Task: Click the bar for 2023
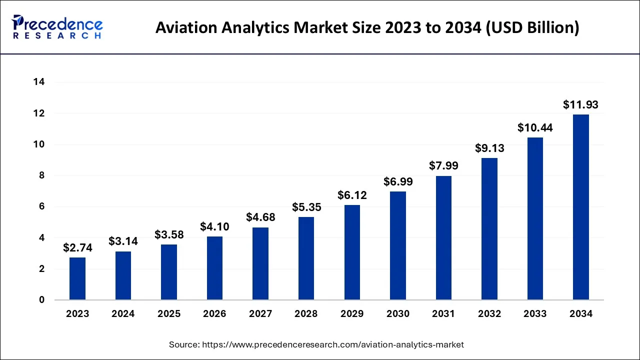click(77, 278)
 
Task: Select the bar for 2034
click(580, 207)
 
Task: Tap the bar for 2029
click(352, 252)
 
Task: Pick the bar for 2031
click(443, 238)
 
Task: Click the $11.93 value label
click(580, 105)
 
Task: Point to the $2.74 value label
click(77, 247)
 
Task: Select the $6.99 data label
click(398, 182)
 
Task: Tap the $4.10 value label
click(214, 226)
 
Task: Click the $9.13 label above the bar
click(489, 148)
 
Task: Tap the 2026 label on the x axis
click(214, 314)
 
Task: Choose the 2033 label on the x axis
click(535, 314)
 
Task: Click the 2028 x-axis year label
click(306, 314)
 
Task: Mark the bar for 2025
click(169, 272)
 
